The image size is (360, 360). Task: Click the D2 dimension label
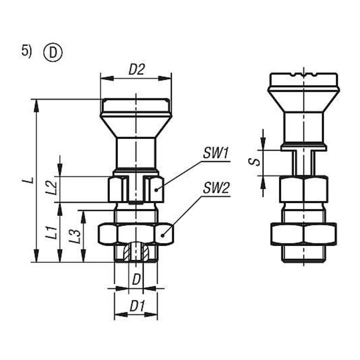click(x=137, y=69)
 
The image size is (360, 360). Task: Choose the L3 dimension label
click(x=75, y=236)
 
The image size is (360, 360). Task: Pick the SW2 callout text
click(x=216, y=188)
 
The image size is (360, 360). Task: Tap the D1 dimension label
click(x=137, y=306)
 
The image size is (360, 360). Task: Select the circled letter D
click(x=53, y=53)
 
